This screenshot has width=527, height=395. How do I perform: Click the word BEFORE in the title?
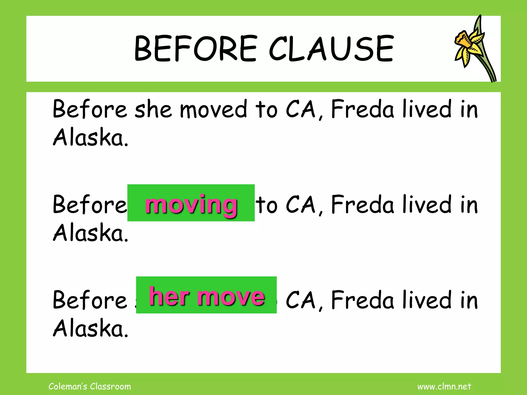click(196, 49)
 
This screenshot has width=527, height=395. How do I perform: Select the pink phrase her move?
click(207, 296)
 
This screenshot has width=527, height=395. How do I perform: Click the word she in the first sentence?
click(153, 110)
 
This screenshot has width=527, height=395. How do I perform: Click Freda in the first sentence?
click(363, 110)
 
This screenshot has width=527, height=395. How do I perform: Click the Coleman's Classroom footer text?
click(90, 387)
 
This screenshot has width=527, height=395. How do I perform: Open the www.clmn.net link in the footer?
click(444, 387)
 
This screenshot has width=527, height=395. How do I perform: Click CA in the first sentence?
click(301, 110)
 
